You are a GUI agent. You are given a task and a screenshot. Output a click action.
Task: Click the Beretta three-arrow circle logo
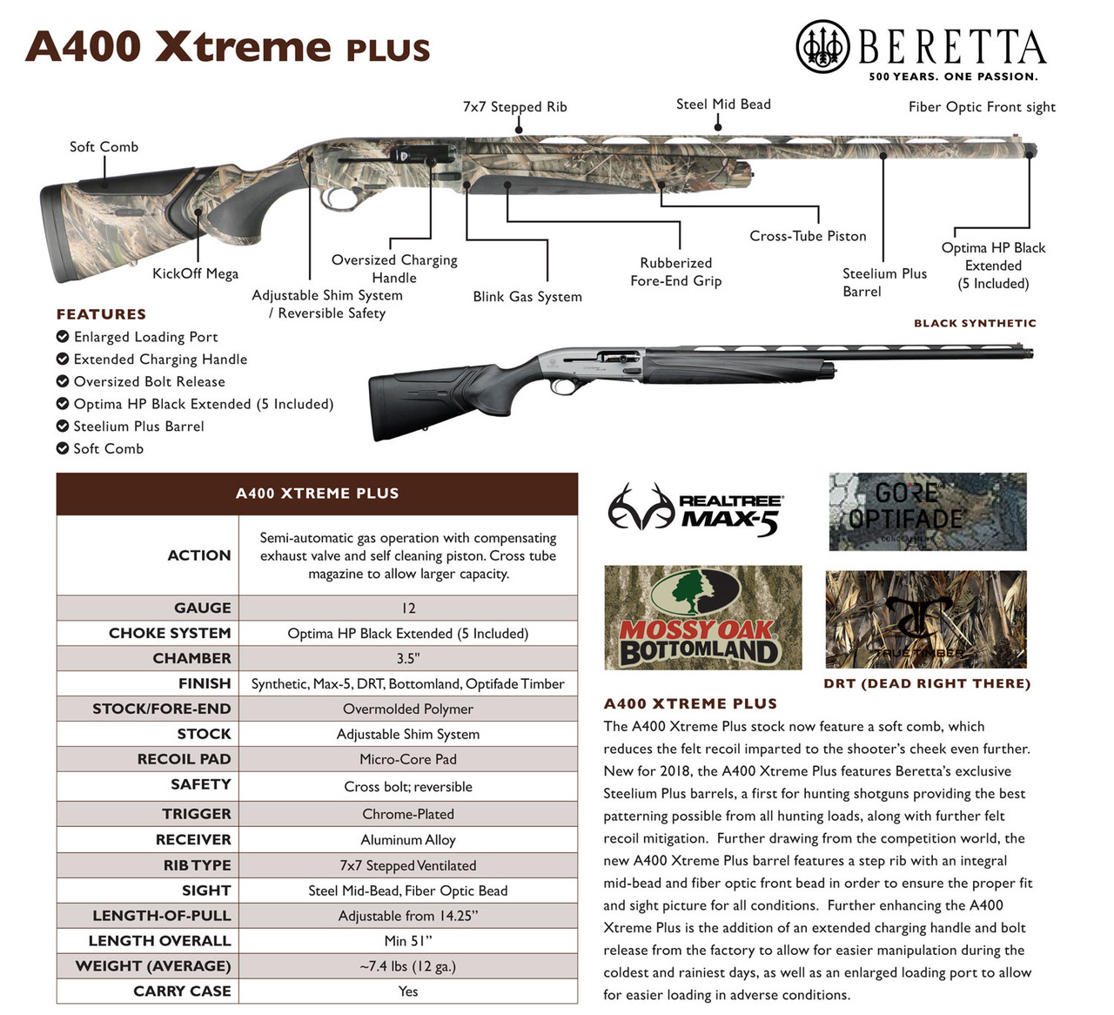click(822, 46)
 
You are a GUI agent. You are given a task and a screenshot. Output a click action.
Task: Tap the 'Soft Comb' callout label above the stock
click(104, 147)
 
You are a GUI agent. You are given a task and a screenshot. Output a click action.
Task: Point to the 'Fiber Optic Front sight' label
click(982, 107)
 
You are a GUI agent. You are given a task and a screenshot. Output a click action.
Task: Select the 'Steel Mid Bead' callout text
click(723, 104)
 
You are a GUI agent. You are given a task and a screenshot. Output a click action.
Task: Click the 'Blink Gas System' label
click(527, 297)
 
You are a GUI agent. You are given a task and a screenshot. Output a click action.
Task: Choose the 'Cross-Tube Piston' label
click(808, 236)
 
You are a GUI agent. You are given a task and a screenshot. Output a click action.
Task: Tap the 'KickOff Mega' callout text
click(195, 274)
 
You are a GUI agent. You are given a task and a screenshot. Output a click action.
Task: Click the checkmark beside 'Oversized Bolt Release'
click(63, 381)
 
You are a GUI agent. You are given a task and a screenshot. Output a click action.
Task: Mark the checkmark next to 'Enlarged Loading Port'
click(63, 337)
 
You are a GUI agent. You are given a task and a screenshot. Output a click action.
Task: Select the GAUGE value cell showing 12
click(408, 608)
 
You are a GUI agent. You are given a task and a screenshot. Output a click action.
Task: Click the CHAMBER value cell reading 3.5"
click(408, 658)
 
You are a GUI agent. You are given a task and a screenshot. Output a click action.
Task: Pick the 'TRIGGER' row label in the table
click(197, 814)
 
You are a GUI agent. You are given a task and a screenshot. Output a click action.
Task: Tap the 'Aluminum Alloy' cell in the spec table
click(408, 840)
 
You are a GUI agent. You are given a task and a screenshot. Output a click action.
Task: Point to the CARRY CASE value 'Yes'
click(408, 991)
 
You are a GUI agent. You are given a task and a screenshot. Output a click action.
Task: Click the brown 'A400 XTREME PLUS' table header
click(317, 494)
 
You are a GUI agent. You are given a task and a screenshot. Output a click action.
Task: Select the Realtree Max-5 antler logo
click(642, 508)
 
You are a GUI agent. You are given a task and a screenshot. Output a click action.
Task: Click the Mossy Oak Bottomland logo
click(702, 617)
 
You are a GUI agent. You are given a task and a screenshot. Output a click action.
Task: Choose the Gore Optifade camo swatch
click(927, 512)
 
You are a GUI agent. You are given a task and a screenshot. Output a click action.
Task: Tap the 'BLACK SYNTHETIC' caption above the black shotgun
click(975, 323)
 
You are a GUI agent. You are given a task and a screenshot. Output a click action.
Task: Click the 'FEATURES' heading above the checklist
click(101, 314)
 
